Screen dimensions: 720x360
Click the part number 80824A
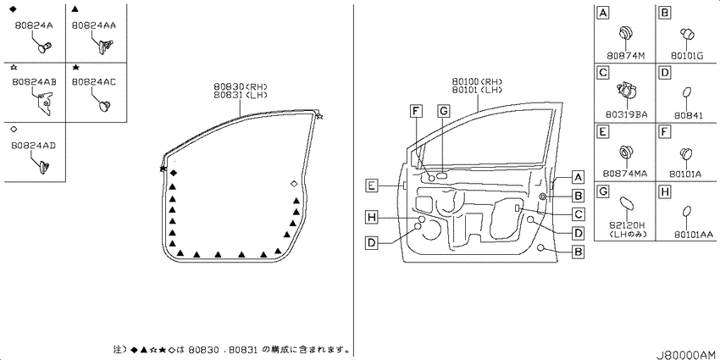click(34, 25)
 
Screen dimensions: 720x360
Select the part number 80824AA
click(94, 25)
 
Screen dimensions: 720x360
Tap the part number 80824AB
click(35, 81)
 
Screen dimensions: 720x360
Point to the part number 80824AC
click(94, 81)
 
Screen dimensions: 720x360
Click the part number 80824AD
click(35, 145)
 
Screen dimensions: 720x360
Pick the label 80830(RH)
click(241, 86)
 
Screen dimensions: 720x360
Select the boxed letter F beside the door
click(416, 110)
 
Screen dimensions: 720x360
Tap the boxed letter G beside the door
click(444, 110)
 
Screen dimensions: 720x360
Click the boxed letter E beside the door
click(372, 186)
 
